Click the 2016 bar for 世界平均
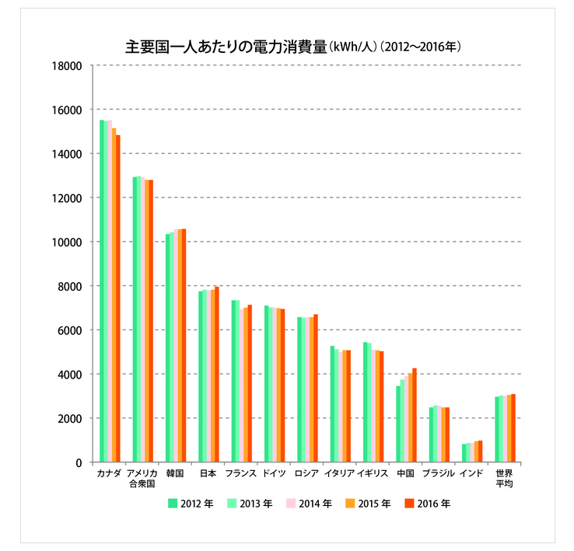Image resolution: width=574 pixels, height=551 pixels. (x=513, y=428)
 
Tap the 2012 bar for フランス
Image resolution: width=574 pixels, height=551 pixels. (x=233, y=381)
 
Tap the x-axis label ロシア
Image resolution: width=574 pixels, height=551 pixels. (x=305, y=473)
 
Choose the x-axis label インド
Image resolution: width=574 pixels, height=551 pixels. (x=471, y=473)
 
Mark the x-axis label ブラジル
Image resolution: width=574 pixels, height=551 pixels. (x=439, y=473)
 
